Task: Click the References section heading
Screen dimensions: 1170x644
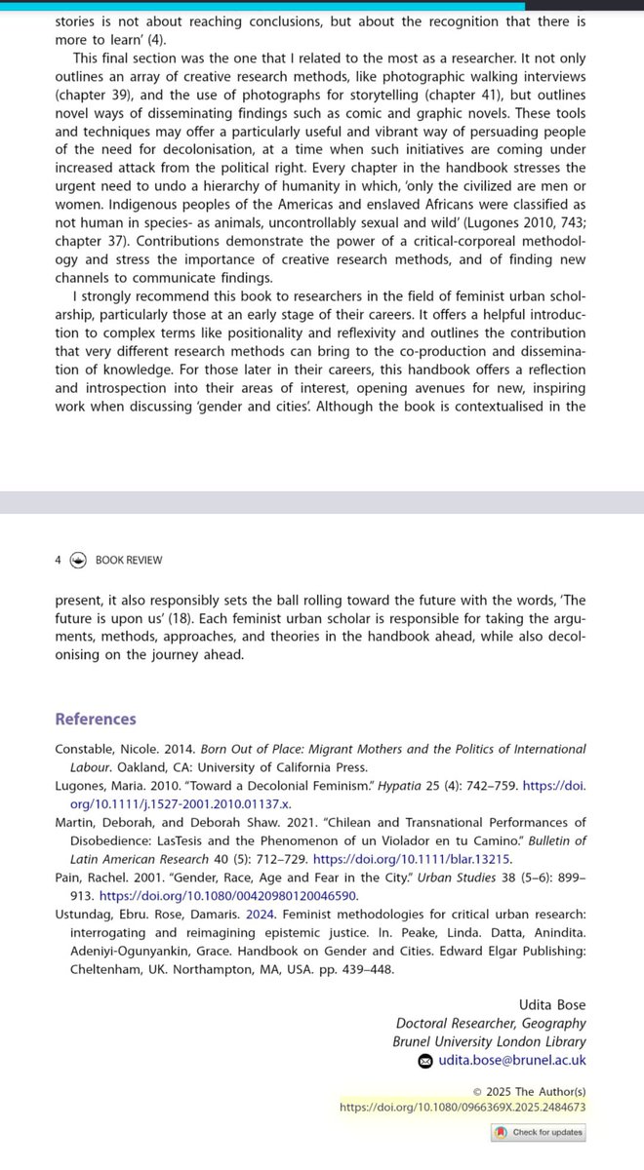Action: tap(96, 719)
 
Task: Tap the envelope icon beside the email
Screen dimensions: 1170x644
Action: tap(425, 1061)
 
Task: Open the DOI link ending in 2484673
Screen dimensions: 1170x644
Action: tap(463, 1107)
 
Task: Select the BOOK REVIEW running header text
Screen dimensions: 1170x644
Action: tap(129, 560)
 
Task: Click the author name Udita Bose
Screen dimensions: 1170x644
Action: tap(553, 1003)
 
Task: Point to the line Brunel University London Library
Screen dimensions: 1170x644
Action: tap(492, 1041)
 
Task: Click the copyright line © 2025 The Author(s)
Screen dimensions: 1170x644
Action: tap(529, 1090)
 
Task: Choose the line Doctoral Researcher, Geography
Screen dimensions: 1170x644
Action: tap(491, 1023)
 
